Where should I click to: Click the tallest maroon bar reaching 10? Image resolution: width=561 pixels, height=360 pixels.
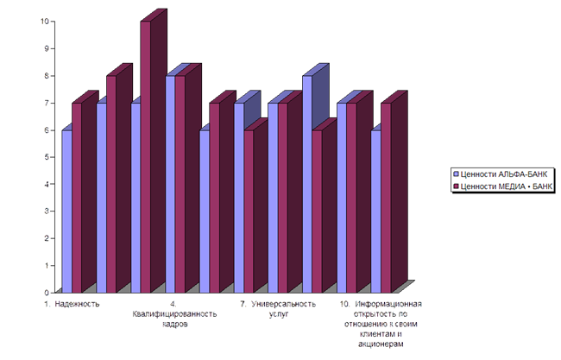[x=145, y=155]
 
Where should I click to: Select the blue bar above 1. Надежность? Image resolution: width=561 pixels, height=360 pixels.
[x=66, y=211]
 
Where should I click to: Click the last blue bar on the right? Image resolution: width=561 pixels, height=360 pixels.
[x=375, y=211]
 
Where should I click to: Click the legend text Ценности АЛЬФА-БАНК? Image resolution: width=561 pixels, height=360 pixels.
[x=505, y=174]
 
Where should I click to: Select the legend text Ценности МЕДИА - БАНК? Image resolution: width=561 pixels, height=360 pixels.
[x=508, y=185]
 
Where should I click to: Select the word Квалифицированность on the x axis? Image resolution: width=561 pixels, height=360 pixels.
[x=173, y=313]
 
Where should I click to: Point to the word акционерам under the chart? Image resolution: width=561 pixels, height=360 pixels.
[x=380, y=343]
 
